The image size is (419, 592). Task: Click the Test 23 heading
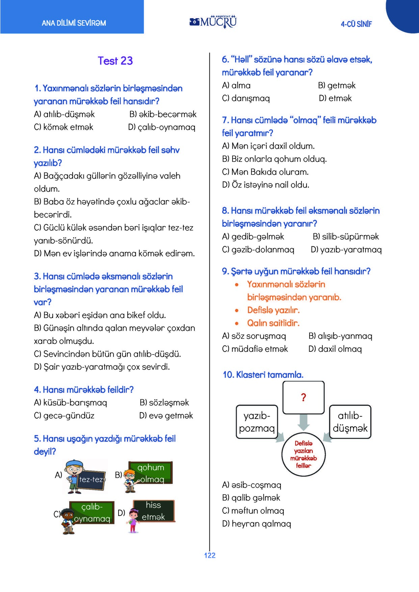point(115,61)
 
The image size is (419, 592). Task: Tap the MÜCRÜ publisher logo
point(213,22)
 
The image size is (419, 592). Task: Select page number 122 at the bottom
point(210,555)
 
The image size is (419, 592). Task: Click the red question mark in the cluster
point(303,397)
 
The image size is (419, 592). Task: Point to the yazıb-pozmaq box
point(257,422)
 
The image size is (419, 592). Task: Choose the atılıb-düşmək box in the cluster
point(350,422)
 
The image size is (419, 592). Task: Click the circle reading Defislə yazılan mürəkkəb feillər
point(303,454)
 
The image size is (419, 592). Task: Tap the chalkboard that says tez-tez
point(91,479)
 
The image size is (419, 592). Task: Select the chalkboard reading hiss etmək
point(154,511)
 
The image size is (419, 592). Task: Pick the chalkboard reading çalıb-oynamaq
point(92,512)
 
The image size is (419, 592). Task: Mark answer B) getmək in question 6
point(337,85)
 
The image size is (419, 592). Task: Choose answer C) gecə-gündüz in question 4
point(64,416)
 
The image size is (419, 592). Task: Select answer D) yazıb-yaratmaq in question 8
point(346,250)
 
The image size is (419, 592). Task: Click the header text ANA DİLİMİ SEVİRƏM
point(74,23)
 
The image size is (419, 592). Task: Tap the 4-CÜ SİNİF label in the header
point(356,24)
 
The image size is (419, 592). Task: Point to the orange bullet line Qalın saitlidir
point(273,323)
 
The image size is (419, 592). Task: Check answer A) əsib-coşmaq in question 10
point(252,485)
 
